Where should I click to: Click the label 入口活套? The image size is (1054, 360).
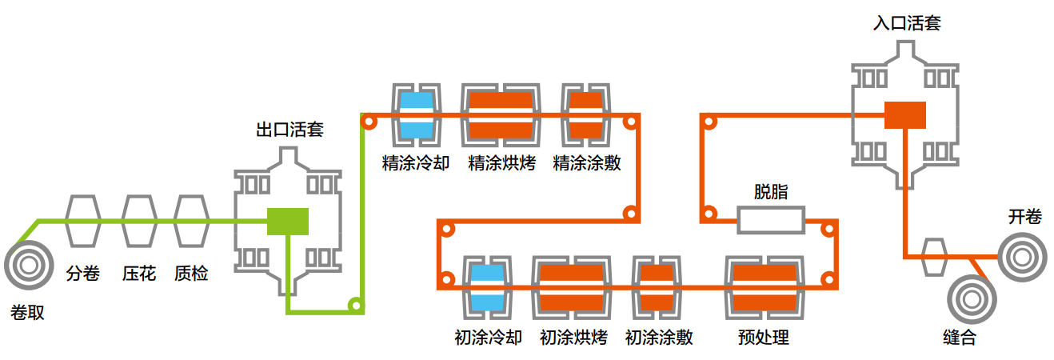point(906,23)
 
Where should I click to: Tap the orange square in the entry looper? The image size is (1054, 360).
point(904,115)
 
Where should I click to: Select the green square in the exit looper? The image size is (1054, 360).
point(288,221)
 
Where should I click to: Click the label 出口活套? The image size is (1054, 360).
point(289,129)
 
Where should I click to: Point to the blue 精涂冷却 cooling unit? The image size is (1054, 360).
point(416,114)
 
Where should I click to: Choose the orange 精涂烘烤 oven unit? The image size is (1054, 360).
point(501,114)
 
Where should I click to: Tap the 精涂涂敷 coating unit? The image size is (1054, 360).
point(585,114)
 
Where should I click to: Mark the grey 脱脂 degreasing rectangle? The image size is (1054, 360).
point(770,220)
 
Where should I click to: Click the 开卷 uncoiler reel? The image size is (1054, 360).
point(1020,257)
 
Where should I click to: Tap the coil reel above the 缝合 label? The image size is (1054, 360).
point(972,300)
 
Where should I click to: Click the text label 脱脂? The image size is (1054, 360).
point(770,191)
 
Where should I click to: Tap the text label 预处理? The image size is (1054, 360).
point(763,338)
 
